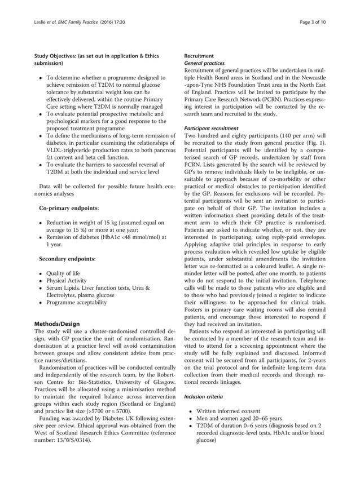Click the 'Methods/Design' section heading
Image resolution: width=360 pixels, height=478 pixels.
(57, 324)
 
